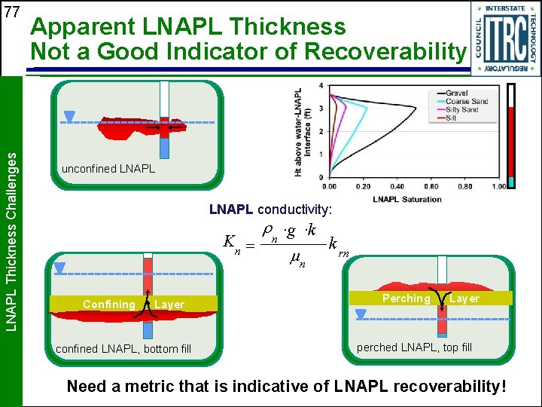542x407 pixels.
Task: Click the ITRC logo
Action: click(x=506, y=38)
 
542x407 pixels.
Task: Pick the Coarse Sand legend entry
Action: click(x=467, y=101)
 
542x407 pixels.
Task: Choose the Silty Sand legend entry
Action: click(x=462, y=109)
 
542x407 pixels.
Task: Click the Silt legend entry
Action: click(x=451, y=118)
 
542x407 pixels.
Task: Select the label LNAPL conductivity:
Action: click(x=270, y=207)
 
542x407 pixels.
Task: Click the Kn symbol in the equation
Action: click(x=232, y=242)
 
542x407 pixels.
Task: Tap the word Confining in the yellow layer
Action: click(x=108, y=304)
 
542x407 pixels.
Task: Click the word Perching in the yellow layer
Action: click(x=406, y=298)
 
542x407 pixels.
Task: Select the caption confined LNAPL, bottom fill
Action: click(x=123, y=348)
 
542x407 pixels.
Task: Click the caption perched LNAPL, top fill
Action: click(x=414, y=347)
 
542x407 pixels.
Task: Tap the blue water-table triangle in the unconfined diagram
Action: click(x=70, y=116)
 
